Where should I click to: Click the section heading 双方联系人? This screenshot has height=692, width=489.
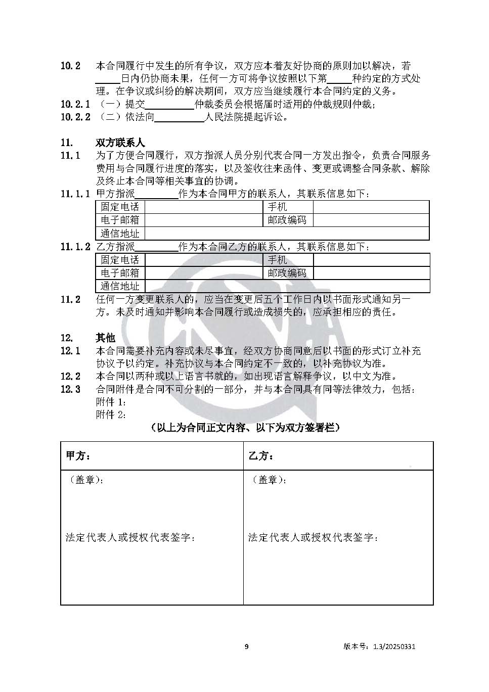point(120,143)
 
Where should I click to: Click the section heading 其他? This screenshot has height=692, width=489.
point(105,338)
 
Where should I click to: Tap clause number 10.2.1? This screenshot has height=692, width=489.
point(75,105)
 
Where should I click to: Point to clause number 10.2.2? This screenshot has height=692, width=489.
point(75,117)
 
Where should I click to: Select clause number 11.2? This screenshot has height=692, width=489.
point(70,300)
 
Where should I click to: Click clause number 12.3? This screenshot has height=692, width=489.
point(70,390)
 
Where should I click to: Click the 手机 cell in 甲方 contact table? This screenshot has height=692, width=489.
point(277,207)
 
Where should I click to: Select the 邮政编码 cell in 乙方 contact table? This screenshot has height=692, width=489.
point(287,273)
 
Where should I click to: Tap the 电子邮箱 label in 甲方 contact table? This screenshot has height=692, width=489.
point(120,220)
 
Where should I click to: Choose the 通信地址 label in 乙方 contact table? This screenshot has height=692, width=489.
point(120,286)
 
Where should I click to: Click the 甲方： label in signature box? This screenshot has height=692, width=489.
point(78,456)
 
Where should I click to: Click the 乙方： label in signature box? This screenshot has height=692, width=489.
point(261,456)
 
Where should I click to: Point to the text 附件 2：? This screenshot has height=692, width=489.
point(111,415)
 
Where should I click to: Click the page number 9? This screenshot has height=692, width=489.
point(246,647)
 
